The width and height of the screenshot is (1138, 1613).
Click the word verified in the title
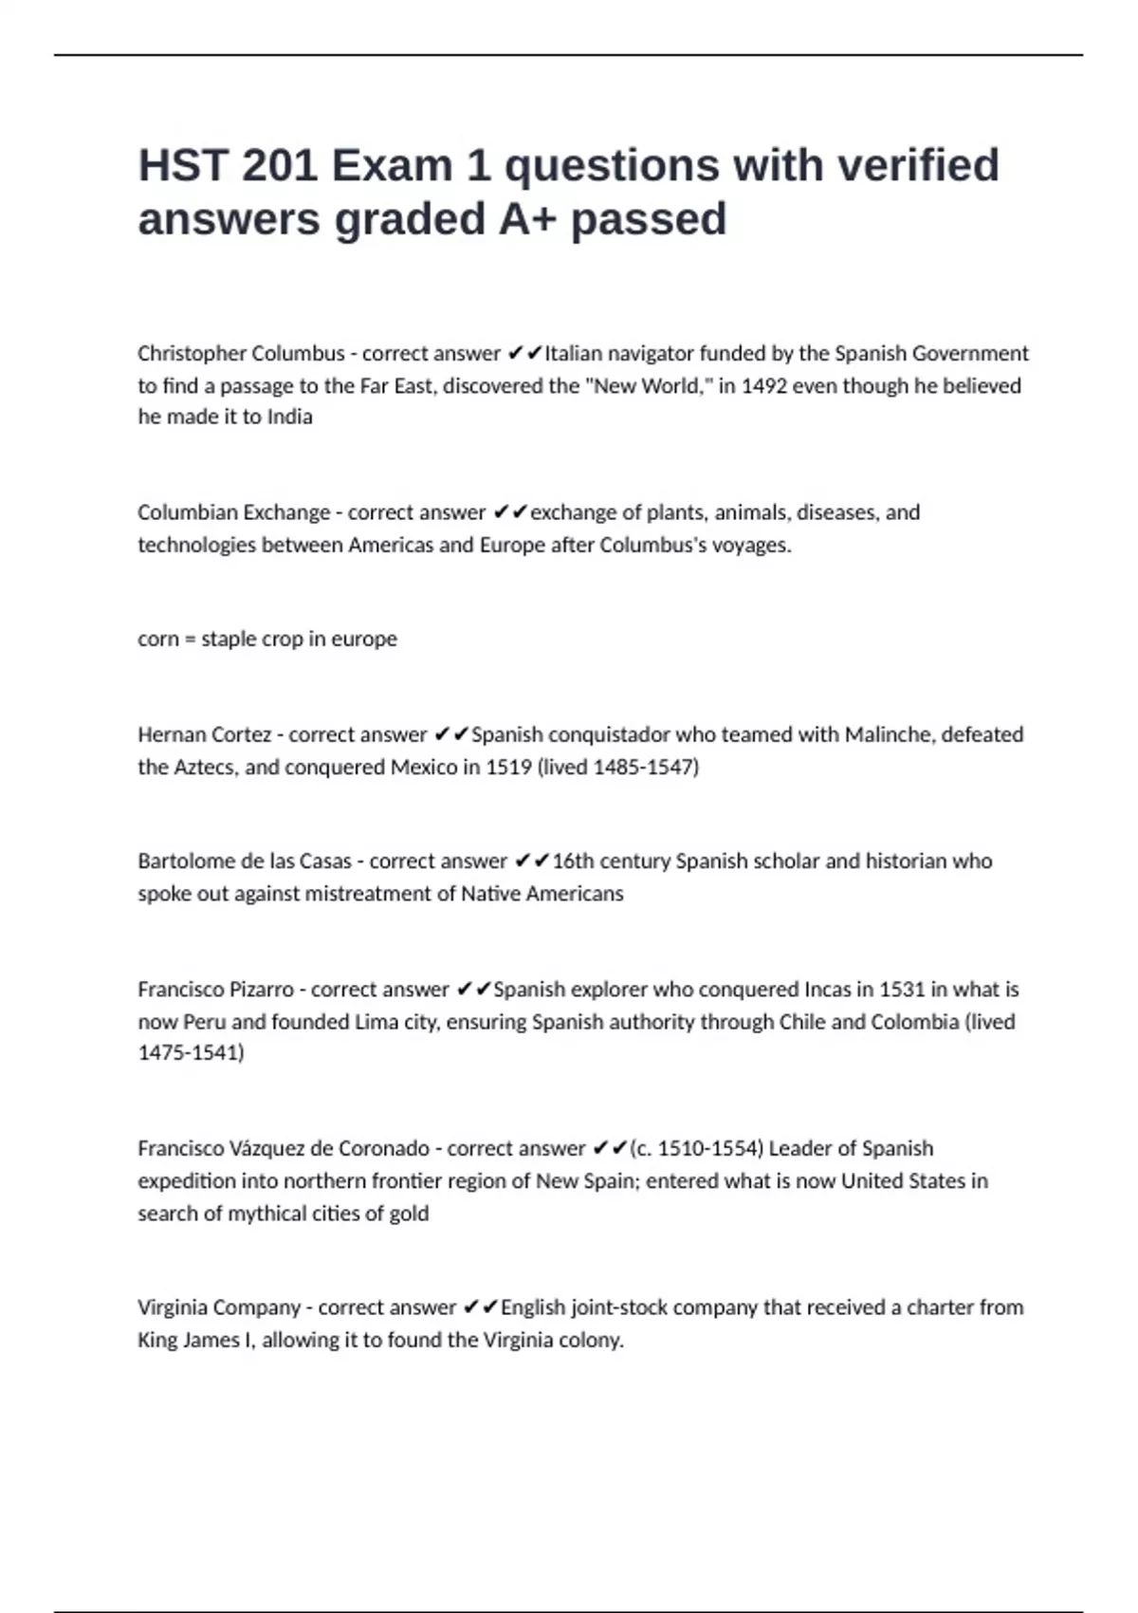[917, 165]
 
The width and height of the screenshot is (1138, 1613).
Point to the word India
[289, 417]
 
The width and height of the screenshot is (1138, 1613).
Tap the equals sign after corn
[190, 640]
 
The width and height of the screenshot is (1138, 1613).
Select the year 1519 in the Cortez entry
[508, 768]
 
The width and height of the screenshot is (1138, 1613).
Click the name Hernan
[170, 735]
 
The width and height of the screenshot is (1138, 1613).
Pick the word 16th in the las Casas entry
[572, 862]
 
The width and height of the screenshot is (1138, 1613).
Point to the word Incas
[827, 990]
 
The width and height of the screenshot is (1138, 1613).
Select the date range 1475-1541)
[191, 1053]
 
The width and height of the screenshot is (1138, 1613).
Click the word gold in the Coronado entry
[409, 1214]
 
